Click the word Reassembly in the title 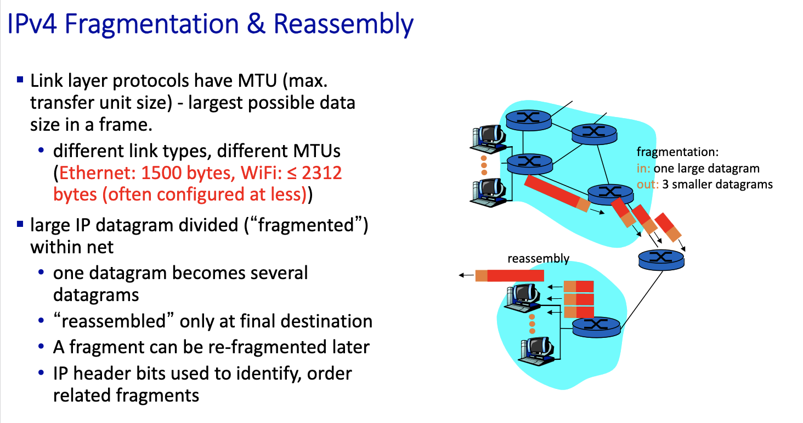[x=344, y=25]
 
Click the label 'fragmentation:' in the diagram [x=677, y=152]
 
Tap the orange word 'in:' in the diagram [x=644, y=169]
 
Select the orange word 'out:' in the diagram [x=647, y=185]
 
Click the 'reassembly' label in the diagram [x=538, y=259]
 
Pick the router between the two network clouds [x=661, y=259]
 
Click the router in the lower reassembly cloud [x=596, y=327]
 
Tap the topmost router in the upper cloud [x=529, y=119]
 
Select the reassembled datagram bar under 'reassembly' [x=510, y=275]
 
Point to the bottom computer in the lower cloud [x=538, y=348]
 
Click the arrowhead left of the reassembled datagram [x=463, y=275]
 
